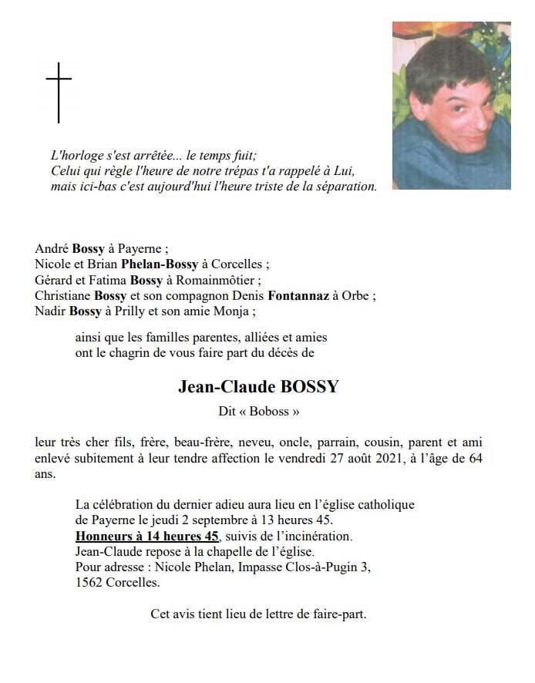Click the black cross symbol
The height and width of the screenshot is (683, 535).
click(x=59, y=92)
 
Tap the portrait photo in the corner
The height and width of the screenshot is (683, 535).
click(x=451, y=106)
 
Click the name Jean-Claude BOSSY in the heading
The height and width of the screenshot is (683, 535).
click(x=258, y=387)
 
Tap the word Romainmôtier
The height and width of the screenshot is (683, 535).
click(x=222, y=280)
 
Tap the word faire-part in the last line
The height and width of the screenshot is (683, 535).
click(x=338, y=615)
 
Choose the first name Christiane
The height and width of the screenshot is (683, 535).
click(x=63, y=296)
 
